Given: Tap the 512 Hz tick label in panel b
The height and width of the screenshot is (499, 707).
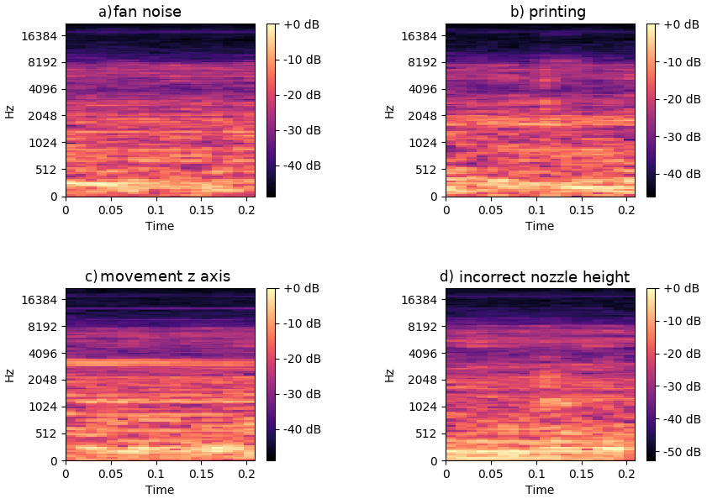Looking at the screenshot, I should [426, 169].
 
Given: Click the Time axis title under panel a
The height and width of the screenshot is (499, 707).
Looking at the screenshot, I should [160, 226].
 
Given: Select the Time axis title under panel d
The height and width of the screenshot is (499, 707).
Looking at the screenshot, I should [540, 491].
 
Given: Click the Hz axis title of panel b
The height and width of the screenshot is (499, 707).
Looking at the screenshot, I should [389, 111].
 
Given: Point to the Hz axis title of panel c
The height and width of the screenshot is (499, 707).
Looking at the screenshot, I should [9, 375].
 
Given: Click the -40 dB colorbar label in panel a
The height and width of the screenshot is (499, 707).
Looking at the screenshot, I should [302, 165].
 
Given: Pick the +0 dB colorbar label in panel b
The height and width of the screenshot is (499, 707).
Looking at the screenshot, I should [681, 24].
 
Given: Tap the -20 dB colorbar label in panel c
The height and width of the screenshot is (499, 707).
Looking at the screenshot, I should [302, 359].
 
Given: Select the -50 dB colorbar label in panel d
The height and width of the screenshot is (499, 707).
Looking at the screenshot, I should [681, 451].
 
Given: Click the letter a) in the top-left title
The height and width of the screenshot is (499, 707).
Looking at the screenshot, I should [105, 12].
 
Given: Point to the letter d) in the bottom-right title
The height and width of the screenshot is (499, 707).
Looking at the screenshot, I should [446, 276].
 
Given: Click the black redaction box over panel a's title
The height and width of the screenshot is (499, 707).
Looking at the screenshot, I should [172, 11].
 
